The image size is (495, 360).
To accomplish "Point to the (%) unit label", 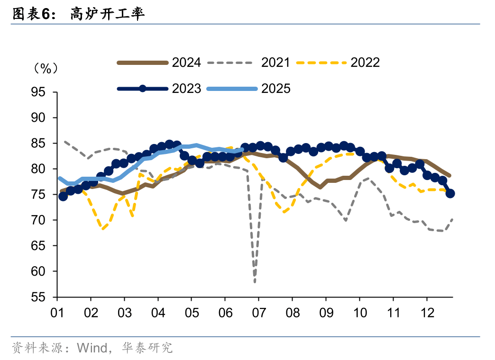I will pos(46,68).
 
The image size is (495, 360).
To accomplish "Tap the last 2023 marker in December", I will pos(450,193).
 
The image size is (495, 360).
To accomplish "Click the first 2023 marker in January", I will pos(63,196).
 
